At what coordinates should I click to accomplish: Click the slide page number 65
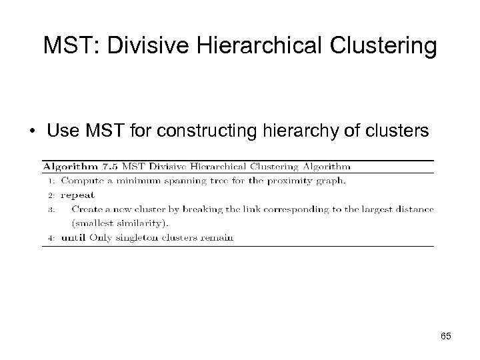[445, 336]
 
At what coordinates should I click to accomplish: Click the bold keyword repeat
[77, 195]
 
